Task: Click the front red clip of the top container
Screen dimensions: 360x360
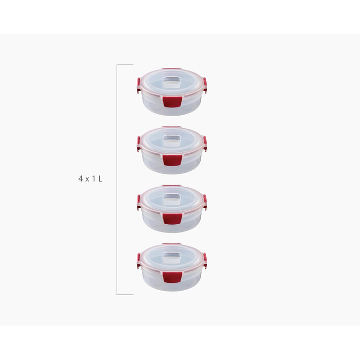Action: tap(172, 102)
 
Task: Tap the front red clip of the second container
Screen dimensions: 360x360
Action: tap(172, 160)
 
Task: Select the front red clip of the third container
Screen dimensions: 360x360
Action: tap(172, 219)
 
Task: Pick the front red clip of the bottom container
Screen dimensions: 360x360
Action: tap(172, 277)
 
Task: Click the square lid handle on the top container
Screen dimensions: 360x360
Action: tap(172, 82)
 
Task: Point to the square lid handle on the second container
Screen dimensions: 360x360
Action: tap(172, 141)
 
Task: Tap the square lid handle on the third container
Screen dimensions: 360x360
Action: tap(172, 200)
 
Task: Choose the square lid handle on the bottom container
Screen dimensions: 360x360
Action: tap(172, 258)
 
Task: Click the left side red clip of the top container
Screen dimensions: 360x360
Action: tap(138, 85)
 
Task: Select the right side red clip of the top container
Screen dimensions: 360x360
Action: tap(205, 85)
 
